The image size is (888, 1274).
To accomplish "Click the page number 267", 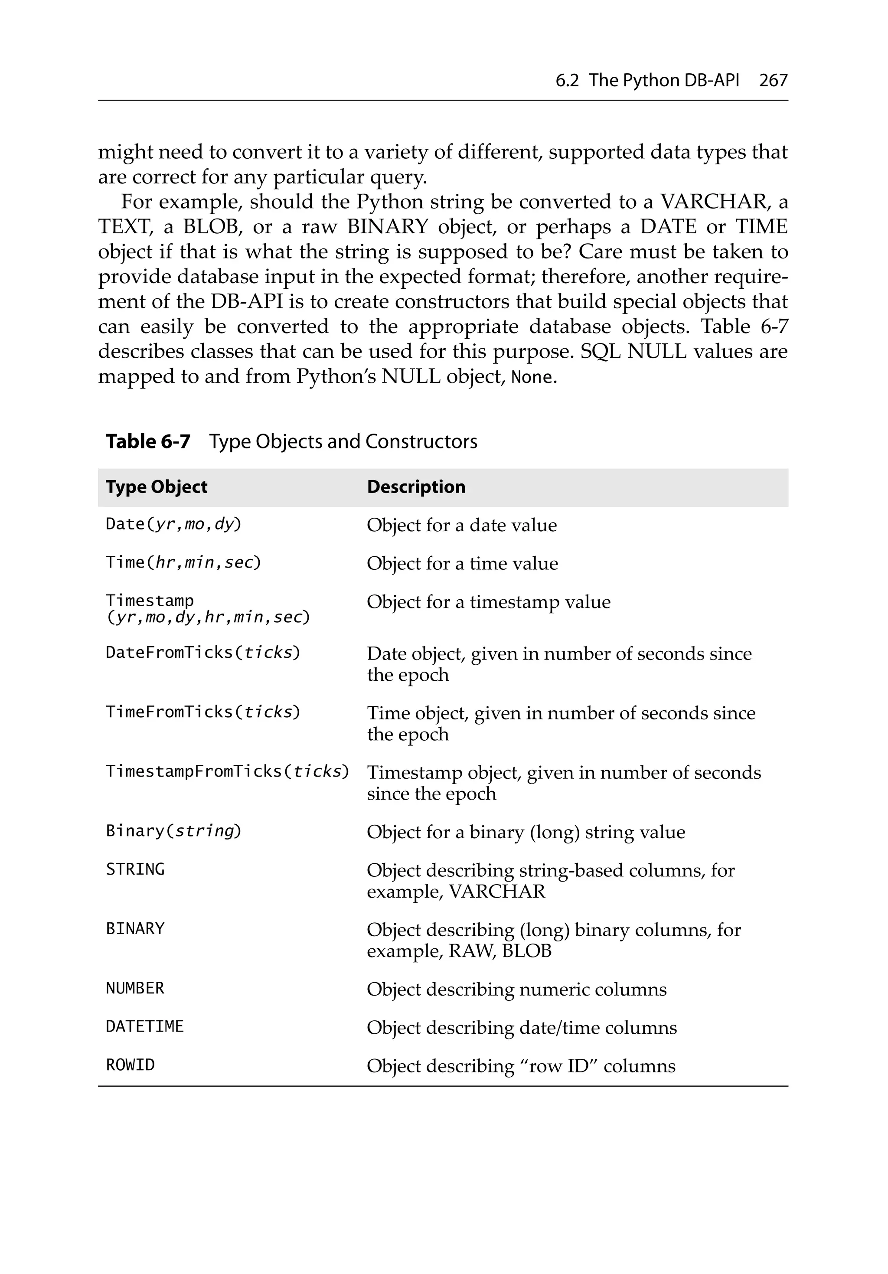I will pos(773,81).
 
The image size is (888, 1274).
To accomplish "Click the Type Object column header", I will pos(157,487).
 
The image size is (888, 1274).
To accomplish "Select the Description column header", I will pos(416,487).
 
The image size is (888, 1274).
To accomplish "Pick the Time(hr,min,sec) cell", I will pos(183,563).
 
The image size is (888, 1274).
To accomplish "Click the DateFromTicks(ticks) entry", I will pos(203,653).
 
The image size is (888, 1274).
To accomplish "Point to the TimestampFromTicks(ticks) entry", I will pos(228,771).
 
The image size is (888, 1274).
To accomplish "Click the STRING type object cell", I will pos(135,869).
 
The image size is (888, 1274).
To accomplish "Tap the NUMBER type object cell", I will pos(135,988).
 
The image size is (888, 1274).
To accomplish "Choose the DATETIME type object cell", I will pos(145,1026).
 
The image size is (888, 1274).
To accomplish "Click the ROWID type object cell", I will pos(131,1065).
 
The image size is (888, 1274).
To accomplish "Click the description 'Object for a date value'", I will pos(462,525).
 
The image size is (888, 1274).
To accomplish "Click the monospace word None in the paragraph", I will pos(532,377).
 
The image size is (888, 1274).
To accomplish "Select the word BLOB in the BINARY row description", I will pos(527,951).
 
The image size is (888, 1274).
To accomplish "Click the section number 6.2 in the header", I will pos(567,81).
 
